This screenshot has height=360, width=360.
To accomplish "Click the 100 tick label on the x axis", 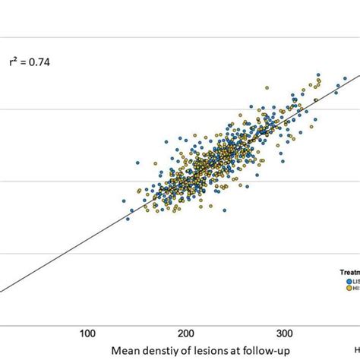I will pyautogui.click(x=88, y=333).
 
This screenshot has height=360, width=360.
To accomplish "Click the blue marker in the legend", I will pyautogui.click(x=342, y=279).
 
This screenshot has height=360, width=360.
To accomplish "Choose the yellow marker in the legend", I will pyautogui.click(x=342, y=287).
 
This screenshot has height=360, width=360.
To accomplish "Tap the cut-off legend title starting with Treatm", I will pyautogui.click(x=349, y=270).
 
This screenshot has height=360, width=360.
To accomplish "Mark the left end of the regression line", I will pyautogui.click(x=2, y=289).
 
